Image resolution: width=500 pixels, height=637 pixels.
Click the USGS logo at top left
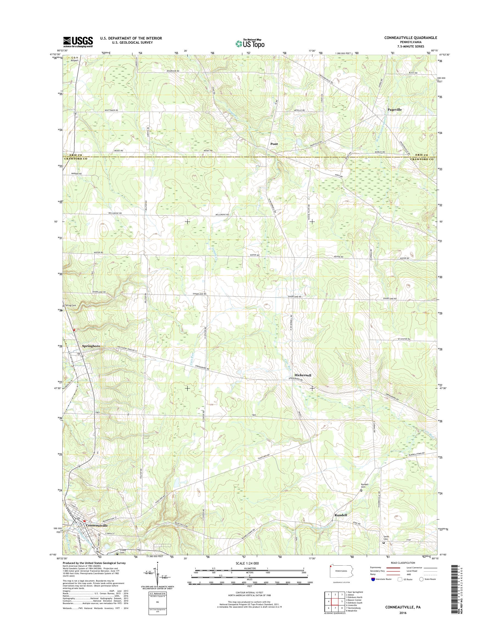pos(78,42)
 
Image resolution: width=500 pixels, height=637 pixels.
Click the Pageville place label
pos(394,110)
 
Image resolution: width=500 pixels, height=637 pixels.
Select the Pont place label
pos(274,144)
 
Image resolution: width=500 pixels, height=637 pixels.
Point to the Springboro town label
pos(91,346)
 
